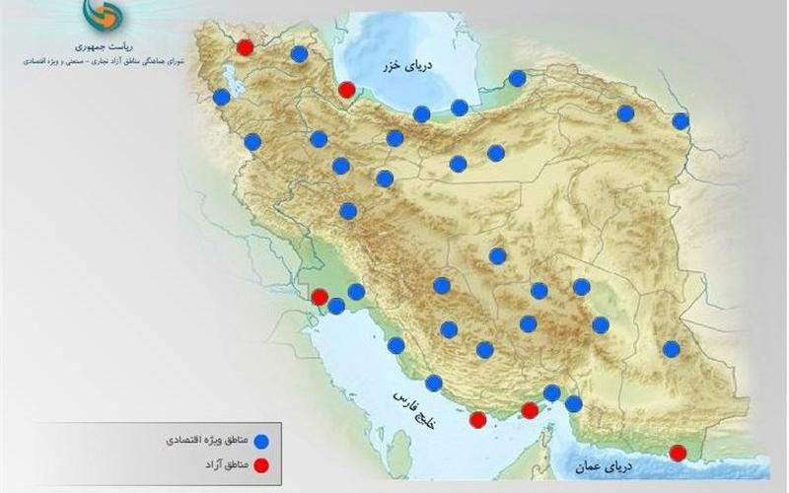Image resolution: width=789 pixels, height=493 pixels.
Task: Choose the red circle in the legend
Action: pos(261,463)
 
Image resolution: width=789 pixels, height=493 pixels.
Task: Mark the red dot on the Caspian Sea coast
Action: pos(346,91)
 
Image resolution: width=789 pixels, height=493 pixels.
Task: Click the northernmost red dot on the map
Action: pos(246,46)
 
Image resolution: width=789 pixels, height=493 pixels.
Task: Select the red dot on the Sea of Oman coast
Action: pos(678,454)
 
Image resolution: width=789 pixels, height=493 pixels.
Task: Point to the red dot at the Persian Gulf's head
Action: pos(320,297)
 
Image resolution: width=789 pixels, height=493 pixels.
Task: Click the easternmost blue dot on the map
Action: pos(681,121)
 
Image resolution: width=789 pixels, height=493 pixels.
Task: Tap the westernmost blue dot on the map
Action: pos(222,97)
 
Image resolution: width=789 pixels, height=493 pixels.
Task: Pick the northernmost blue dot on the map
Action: pos(299,53)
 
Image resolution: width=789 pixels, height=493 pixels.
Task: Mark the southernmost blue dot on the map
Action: pos(573,403)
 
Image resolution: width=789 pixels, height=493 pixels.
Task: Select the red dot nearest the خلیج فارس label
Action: pos(478,420)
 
